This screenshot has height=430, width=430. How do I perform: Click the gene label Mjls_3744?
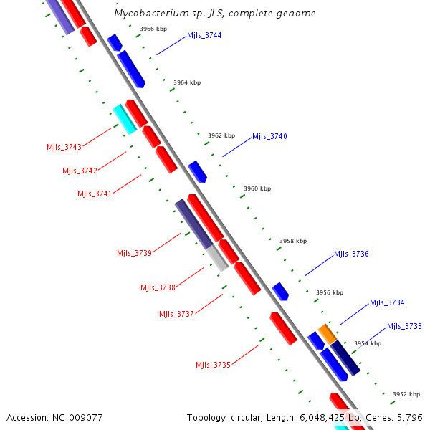204,35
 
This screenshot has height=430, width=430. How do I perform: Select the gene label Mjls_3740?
269,136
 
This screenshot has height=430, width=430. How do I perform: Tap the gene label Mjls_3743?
64,147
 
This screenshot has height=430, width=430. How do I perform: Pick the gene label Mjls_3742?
80,171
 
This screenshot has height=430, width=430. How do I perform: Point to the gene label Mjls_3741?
95,193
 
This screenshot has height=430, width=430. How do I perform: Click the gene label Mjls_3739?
134,253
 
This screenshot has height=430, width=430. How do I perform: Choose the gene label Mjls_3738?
158,287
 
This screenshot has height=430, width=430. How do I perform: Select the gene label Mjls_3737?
176,314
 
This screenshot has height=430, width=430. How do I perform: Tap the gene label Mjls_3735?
213,365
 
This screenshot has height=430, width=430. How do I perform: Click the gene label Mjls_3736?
351,254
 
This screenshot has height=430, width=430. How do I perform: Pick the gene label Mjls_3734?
387,302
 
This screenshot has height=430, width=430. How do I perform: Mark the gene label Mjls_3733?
404,326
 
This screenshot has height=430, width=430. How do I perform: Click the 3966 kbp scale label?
153,29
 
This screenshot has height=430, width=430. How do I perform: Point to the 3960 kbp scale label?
257,188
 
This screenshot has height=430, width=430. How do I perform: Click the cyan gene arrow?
125,118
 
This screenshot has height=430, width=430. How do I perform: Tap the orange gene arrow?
328,333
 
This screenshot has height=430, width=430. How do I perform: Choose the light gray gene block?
218,257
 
